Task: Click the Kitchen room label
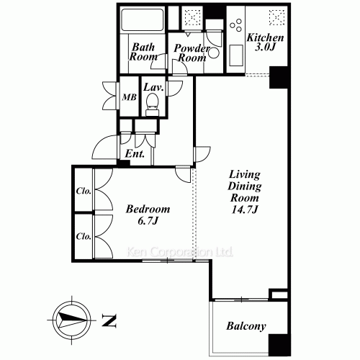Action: point(265,37)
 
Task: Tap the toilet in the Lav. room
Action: point(152,104)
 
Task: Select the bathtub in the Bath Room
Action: point(142,20)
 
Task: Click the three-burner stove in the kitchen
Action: point(235,26)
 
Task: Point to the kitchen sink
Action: point(236,55)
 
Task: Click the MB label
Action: point(130,97)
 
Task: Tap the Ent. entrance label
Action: point(135,154)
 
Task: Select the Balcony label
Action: point(246,326)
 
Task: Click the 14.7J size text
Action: point(245,210)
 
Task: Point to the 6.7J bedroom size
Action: point(148,221)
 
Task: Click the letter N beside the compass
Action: point(109,320)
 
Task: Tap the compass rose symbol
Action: point(72,320)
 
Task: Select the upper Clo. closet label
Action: point(84,192)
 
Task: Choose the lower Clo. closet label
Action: point(84,237)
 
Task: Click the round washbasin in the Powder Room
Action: point(213,53)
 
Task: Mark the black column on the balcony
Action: point(279,345)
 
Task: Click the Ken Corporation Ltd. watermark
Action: point(179,252)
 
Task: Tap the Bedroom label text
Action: point(148,209)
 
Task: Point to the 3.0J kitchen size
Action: point(265,48)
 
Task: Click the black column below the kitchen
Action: point(279,78)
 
